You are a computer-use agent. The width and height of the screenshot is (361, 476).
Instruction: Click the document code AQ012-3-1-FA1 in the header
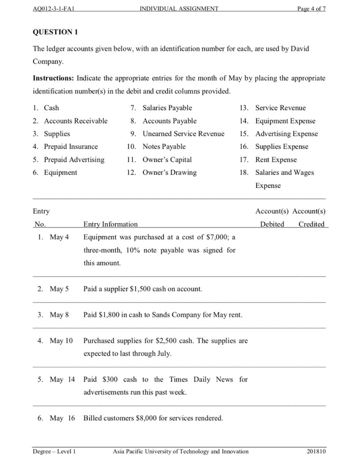[x=54, y=8]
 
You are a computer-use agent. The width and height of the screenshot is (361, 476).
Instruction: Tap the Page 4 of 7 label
[x=312, y=8]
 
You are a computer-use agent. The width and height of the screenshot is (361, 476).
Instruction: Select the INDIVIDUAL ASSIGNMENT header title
[x=179, y=8]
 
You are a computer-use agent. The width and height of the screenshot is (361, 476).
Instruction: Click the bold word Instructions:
[x=53, y=78]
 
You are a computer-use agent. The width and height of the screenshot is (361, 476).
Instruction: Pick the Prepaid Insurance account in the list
[x=71, y=146]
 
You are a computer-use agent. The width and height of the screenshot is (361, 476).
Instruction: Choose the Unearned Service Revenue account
[x=183, y=133]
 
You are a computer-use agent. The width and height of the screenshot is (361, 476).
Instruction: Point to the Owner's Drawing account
[x=169, y=172]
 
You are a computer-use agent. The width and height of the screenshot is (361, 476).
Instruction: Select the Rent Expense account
[x=276, y=159]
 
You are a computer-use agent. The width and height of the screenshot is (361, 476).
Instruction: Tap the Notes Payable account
[x=164, y=146]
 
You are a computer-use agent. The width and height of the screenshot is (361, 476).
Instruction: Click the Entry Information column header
[x=110, y=224]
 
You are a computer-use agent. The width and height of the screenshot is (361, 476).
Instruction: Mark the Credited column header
[x=311, y=224]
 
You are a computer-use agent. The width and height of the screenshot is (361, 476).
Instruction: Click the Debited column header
[x=272, y=224]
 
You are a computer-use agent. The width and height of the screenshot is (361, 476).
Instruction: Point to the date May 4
[x=59, y=237]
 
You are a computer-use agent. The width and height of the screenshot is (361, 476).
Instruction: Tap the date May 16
[x=62, y=418]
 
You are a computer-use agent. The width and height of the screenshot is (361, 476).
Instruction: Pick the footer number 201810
[x=316, y=451]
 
